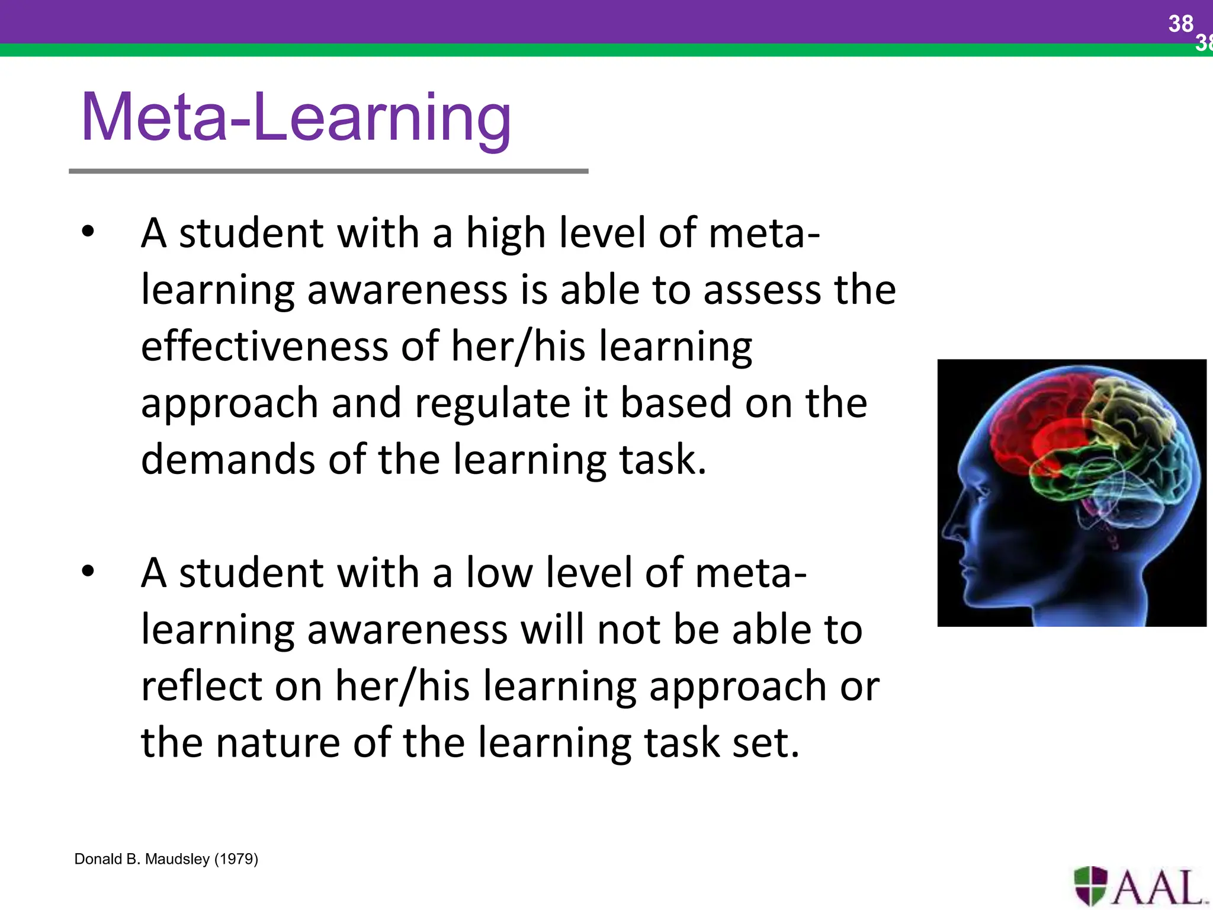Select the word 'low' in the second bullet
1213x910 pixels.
(499, 573)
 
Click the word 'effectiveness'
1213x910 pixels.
(265, 346)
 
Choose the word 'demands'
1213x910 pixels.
(228, 460)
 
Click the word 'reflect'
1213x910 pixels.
(201, 686)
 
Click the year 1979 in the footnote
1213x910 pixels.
(236, 859)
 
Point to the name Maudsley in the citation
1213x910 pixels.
(178, 859)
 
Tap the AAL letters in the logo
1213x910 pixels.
(1158, 887)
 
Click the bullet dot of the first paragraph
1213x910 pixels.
(88, 232)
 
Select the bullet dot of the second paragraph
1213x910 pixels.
(88, 572)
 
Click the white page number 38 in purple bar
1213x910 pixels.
(1180, 24)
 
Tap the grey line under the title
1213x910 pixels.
(329, 171)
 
